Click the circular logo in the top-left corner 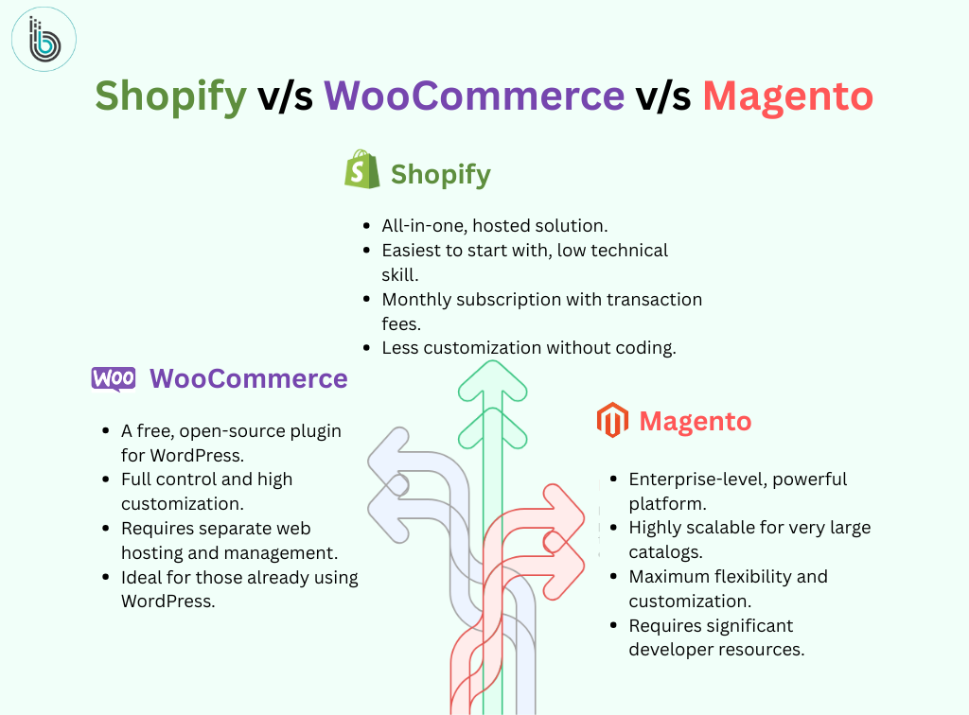coord(44,39)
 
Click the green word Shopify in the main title coord(170,96)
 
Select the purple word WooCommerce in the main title coord(474,96)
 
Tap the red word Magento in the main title coord(788,96)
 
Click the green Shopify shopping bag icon coord(362,169)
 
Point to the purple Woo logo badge coord(114,378)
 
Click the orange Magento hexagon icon coord(612,420)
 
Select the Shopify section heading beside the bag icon coord(441,175)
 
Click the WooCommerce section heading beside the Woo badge coord(249,378)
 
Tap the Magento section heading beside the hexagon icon coord(696,421)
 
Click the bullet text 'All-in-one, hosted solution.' coord(494,226)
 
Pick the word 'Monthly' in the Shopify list coord(416,300)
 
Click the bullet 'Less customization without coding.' coord(529,348)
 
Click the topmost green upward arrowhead coord(492,381)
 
